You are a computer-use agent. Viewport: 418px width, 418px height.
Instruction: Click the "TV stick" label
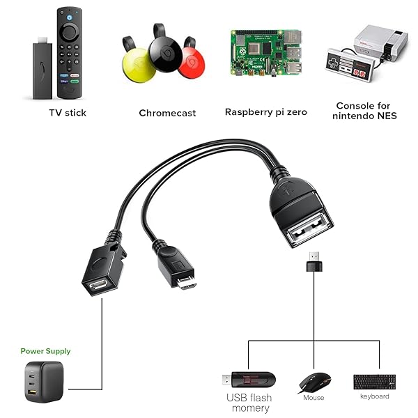tap(68, 112)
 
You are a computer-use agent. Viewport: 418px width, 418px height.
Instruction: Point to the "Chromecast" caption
tap(167, 113)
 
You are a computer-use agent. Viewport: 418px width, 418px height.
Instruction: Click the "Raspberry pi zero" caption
tap(265, 112)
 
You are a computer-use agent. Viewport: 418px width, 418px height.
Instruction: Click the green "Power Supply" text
tap(45, 351)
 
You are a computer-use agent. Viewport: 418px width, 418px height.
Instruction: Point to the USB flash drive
tap(249, 380)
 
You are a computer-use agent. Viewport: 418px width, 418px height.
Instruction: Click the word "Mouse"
tap(313, 398)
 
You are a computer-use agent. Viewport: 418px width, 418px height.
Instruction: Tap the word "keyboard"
tap(375, 396)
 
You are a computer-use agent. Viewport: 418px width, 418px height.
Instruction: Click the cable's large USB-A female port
tap(311, 224)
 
